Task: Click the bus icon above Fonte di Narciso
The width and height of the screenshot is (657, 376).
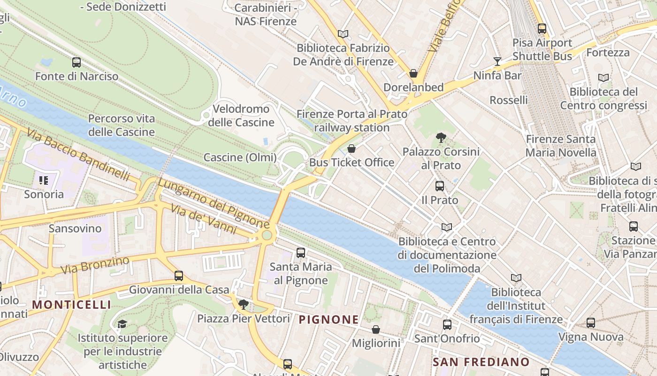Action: (x=76, y=62)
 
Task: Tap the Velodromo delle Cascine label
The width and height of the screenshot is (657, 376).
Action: (x=241, y=116)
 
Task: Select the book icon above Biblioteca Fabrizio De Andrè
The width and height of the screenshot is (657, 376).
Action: (x=343, y=34)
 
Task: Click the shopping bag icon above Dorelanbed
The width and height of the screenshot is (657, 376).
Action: (x=413, y=73)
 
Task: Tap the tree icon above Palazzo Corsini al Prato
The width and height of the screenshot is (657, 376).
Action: (x=441, y=137)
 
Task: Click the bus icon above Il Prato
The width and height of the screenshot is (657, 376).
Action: (x=440, y=186)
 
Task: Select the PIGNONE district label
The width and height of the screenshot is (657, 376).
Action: (x=328, y=320)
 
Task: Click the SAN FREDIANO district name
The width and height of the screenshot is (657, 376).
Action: (x=481, y=362)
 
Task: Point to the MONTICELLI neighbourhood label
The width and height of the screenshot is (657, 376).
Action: (x=71, y=305)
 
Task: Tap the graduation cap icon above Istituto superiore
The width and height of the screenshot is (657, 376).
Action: (x=122, y=324)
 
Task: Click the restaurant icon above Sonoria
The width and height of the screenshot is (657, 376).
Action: (x=44, y=180)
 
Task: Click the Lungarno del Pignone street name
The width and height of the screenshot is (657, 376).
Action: (x=213, y=203)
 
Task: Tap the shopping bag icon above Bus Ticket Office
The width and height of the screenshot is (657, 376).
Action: (x=351, y=149)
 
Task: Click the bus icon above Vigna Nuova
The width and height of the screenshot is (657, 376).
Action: (x=591, y=323)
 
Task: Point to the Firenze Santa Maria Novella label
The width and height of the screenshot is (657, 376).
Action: (x=560, y=146)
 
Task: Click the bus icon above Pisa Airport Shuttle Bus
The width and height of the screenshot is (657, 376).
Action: (x=542, y=28)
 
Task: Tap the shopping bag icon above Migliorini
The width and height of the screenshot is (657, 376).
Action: (x=376, y=329)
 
